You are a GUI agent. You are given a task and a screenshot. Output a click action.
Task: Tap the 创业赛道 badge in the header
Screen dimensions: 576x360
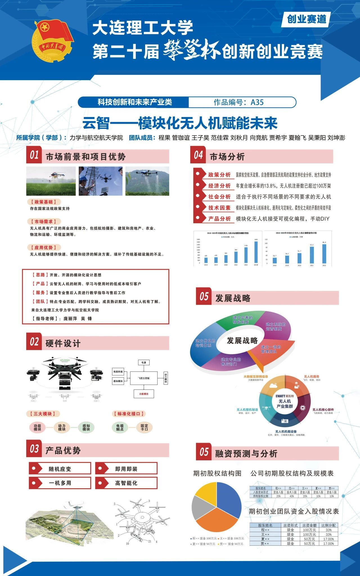click(x=306, y=19)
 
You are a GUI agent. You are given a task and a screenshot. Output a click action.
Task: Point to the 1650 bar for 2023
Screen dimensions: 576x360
click(x=256, y=252)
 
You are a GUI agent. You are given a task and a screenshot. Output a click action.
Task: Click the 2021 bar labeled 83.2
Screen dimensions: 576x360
click(x=312, y=255)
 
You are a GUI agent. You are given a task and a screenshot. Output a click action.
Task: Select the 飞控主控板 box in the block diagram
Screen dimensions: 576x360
click(x=144, y=378)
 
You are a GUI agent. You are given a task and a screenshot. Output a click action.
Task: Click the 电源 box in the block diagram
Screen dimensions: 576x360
click(x=144, y=362)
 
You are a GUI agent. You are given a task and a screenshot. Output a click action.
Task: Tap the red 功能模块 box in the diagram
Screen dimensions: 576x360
click(x=144, y=394)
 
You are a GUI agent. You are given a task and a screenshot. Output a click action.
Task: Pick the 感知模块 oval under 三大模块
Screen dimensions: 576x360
click(x=86, y=427)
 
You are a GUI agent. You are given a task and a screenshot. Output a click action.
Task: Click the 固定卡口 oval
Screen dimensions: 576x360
click(x=144, y=427)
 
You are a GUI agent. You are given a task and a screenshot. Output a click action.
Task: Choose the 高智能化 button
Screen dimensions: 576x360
click(x=126, y=483)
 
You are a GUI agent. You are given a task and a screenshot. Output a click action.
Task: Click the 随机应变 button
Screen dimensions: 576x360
click(x=60, y=469)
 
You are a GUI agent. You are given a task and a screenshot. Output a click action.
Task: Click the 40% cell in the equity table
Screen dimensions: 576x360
click(x=292, y=496)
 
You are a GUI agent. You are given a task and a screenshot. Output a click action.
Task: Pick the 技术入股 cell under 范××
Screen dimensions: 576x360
click(x=292, y=492)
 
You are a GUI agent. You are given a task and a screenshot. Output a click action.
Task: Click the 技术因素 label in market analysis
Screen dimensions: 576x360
click(x=219, y=208)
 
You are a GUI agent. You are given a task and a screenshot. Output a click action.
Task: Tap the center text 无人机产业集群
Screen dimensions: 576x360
click(x=285, y=404)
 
